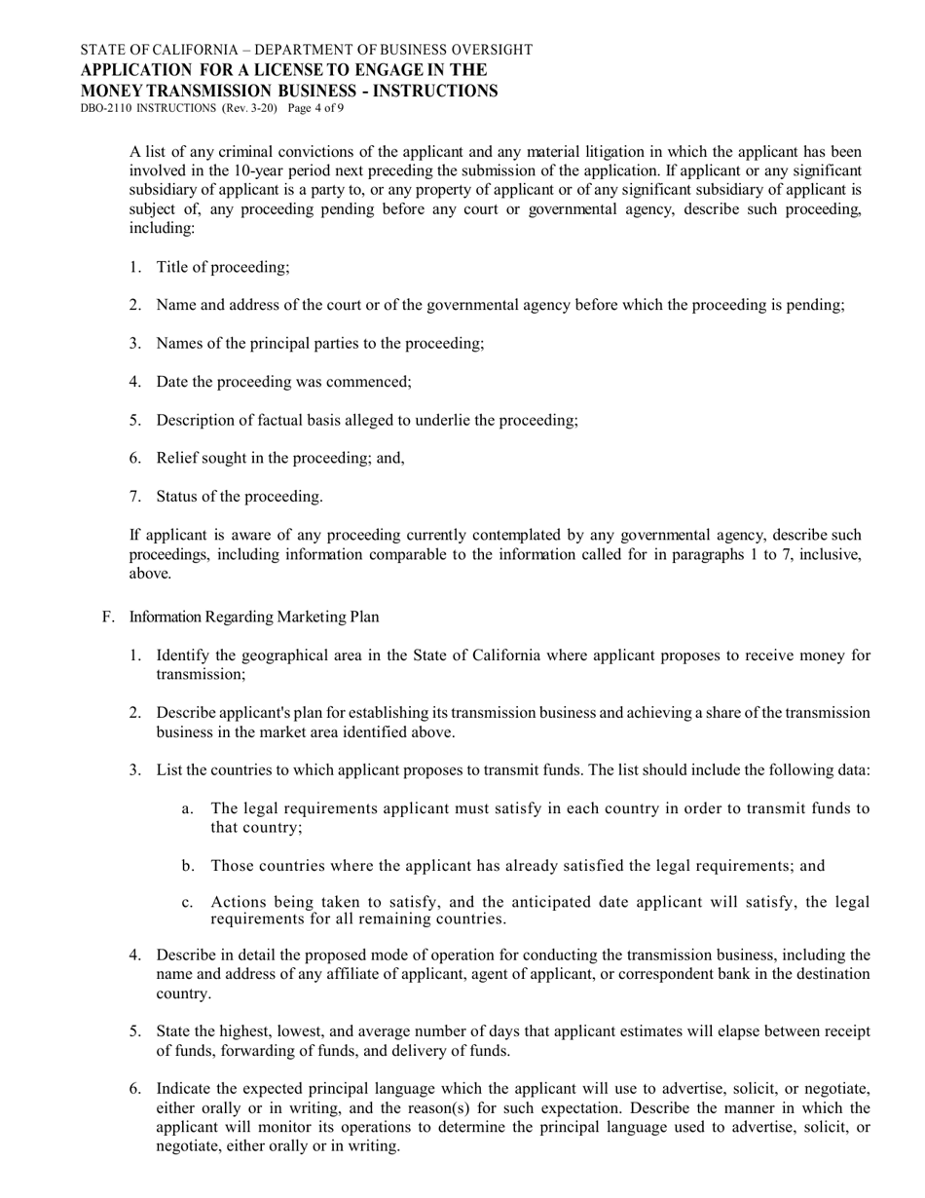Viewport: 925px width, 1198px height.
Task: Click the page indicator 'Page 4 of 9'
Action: [x=315, y=108]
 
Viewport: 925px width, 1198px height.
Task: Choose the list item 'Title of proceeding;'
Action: [x=222, y=267]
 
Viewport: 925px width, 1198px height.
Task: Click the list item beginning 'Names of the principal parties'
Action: [x=319, y=343]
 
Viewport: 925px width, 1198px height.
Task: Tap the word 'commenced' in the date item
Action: [x=375, y=382]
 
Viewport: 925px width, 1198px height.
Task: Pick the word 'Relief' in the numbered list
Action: [x=176, y=458]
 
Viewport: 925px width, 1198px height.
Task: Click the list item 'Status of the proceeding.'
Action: [x=239, y=497]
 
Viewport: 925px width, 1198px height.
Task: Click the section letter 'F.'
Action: [x=108, y=617]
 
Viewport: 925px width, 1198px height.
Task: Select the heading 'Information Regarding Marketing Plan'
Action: [x=254, y=617]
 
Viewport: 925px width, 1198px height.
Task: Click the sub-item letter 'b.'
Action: [x=188, y=866]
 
